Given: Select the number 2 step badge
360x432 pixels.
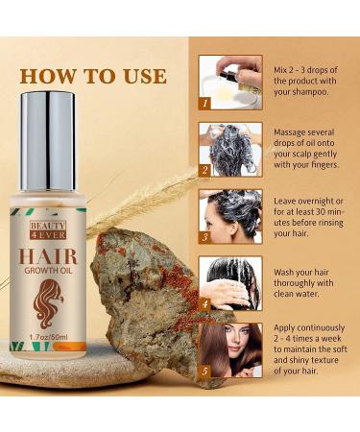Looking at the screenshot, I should pyautogui.click(x=204, y=170).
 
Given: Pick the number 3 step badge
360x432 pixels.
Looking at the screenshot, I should pyautogui.click(x=204, y=237).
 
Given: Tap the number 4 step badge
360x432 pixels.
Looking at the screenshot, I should pyautogui.click(x=204, y=303).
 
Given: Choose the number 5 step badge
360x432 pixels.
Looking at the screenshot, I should pyautogui.click(x=204, y=370).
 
